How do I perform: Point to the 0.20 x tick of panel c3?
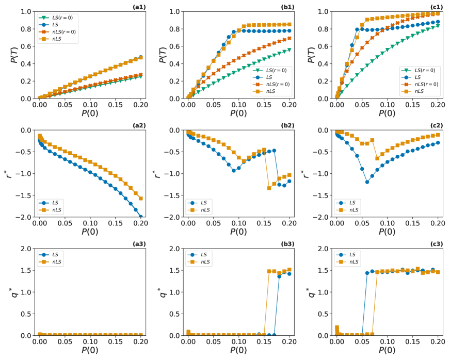(x=438, y=342)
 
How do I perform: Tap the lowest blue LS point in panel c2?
(x=367, y=182)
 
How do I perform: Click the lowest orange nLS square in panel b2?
(x=269, y=188)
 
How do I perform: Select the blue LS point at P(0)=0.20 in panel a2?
(x=140, y=217)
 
